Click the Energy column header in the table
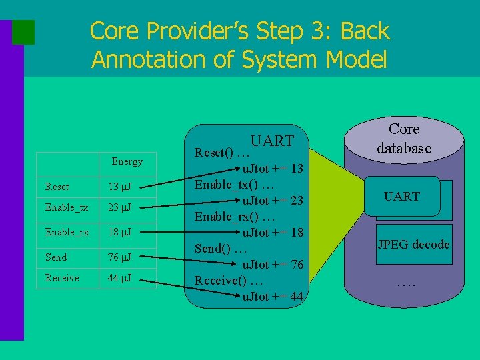click(127, 161)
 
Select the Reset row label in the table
click(57, 187)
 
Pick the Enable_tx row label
click(67, 207)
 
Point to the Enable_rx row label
click(67, 232)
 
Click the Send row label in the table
click(56, 257)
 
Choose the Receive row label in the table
click(62, 278)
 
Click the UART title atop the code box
click(272, 141)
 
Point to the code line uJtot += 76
click(273, 265)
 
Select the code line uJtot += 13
click(273, 168)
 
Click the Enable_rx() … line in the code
click(234, 217)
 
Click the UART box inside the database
click(402, 196)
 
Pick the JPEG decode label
click(413, 244)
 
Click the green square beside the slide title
click(23, 31)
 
